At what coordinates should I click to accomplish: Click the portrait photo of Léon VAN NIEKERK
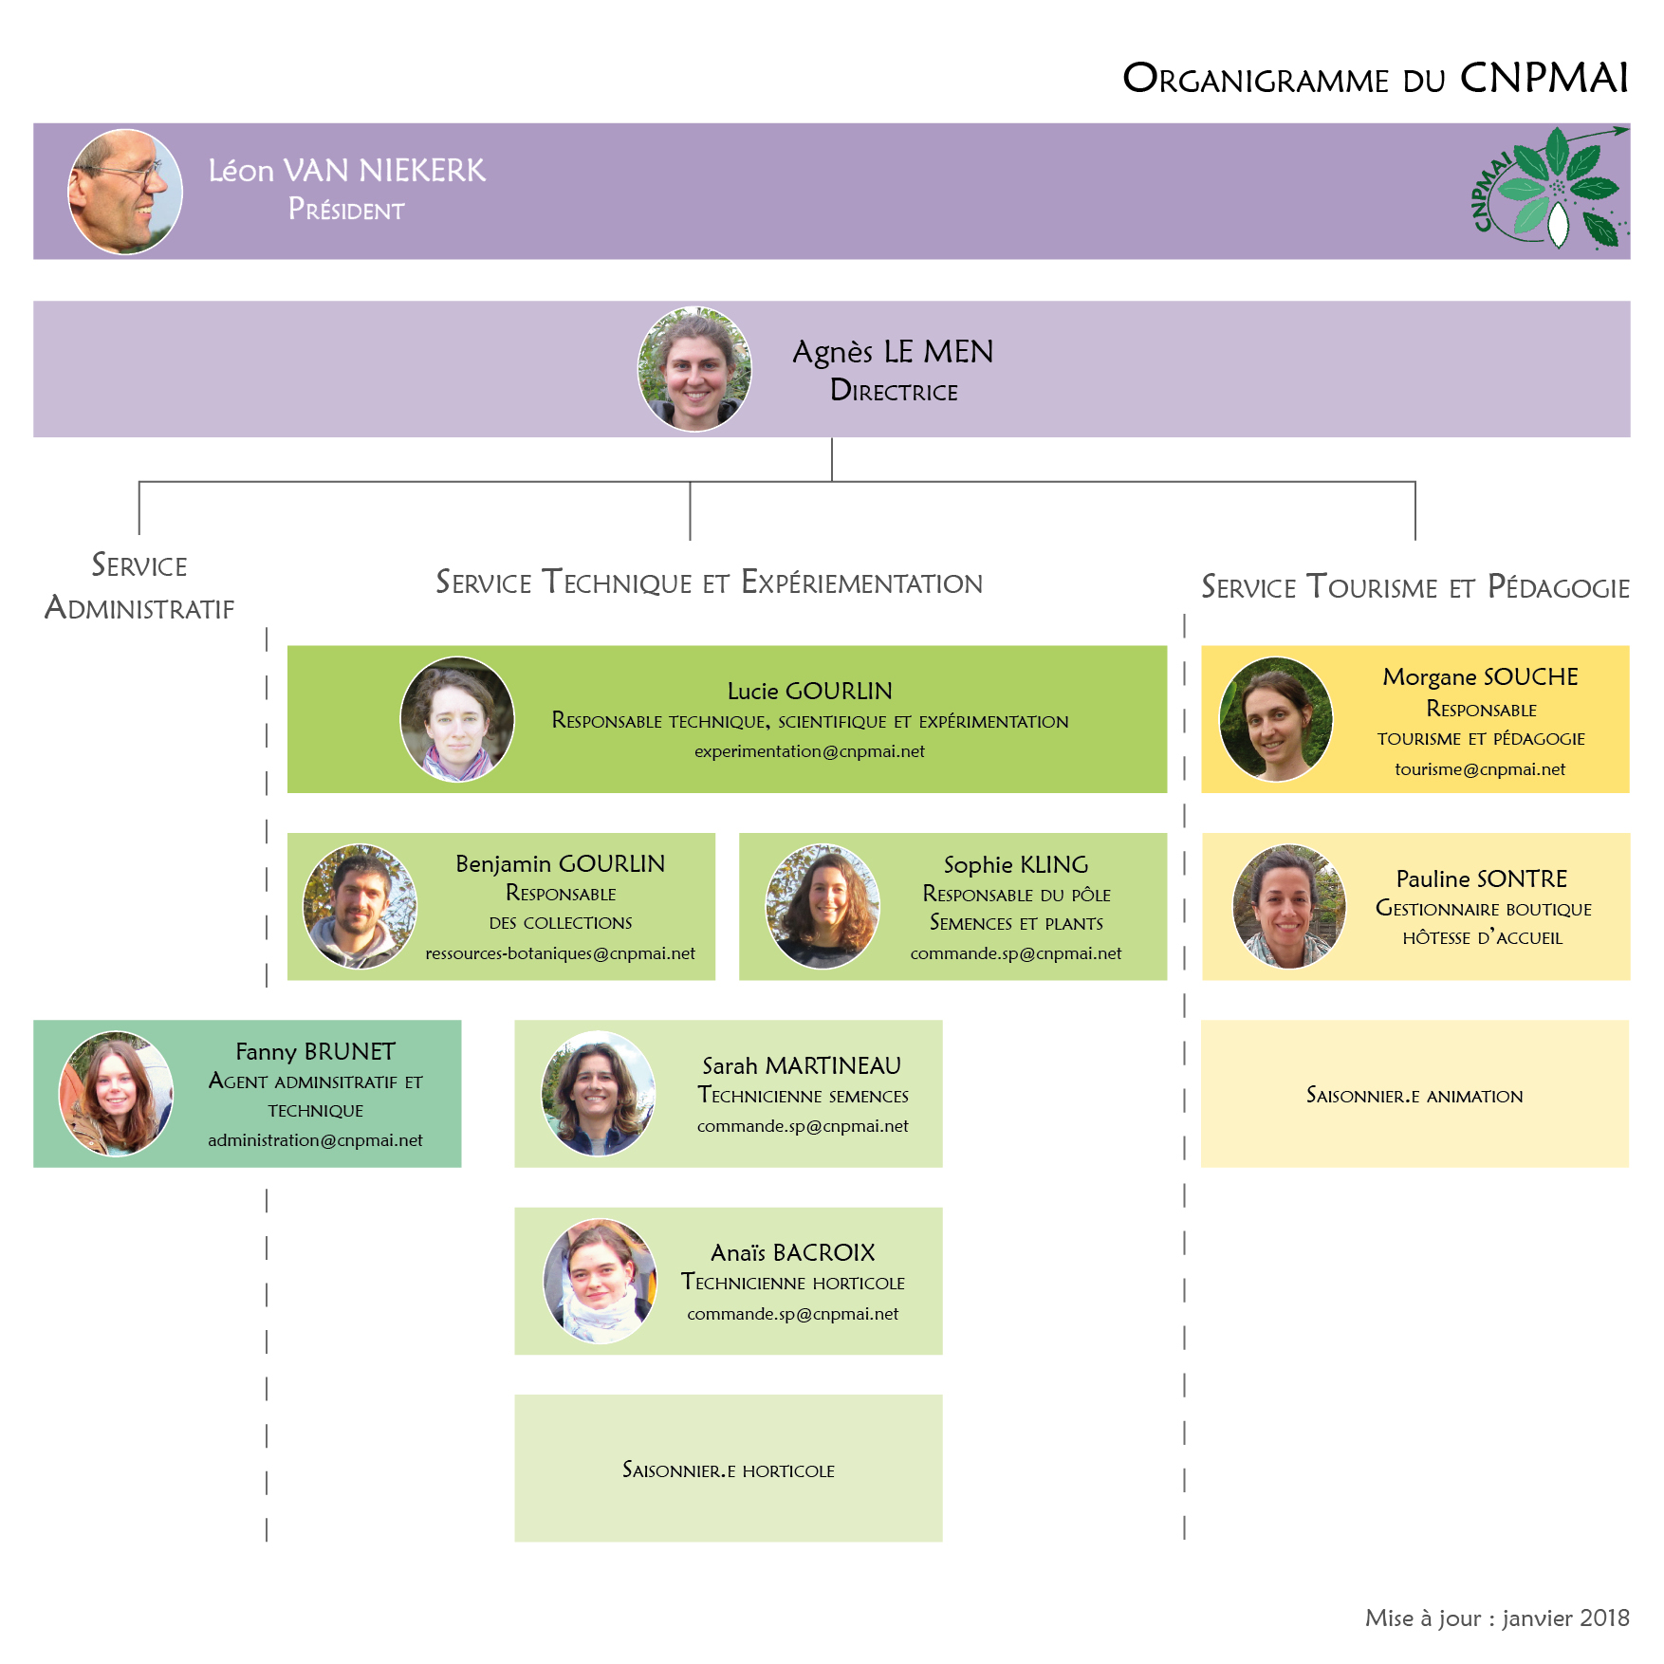pos(125,192)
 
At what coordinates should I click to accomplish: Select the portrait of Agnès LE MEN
pos(694,369)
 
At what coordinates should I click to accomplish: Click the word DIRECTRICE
pos(894,391)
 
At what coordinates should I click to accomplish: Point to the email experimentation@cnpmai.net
pos(809,751)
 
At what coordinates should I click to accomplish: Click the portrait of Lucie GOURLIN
pos(457,719)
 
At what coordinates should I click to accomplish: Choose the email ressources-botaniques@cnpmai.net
pos(560,953)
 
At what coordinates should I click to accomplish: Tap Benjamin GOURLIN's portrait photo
pos(360,906)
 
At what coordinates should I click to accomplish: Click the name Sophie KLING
pos(1016,865)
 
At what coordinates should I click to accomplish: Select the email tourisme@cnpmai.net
pos(1480,769)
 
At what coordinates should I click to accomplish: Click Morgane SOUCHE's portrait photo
pos(1276,719)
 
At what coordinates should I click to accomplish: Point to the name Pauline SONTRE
pos(1482,879)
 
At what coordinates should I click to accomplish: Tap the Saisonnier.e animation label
pos(1414,1096)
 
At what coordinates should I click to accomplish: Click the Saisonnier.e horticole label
pos(729,1470)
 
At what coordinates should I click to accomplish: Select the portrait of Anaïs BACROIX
pos(600,1281)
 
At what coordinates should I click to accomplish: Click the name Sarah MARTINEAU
pos(802,1066)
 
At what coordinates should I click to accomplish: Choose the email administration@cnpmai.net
pos(315,1140)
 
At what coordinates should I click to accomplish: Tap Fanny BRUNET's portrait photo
pos(117,1094)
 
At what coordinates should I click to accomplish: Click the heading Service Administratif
pos(139,586)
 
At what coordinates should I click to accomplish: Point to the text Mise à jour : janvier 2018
pos(1497,1618)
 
